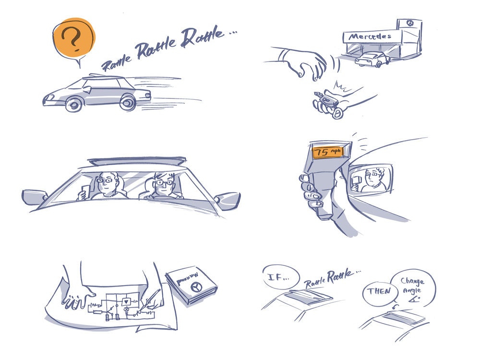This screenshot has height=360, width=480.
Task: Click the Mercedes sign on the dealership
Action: pos(370,36)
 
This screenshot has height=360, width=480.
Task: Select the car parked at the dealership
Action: pos(372,60)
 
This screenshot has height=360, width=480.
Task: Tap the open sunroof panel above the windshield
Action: pos(137,160)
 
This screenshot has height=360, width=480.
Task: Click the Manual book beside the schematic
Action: pos(191,286)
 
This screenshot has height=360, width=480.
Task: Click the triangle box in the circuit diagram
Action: pos(126,301)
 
